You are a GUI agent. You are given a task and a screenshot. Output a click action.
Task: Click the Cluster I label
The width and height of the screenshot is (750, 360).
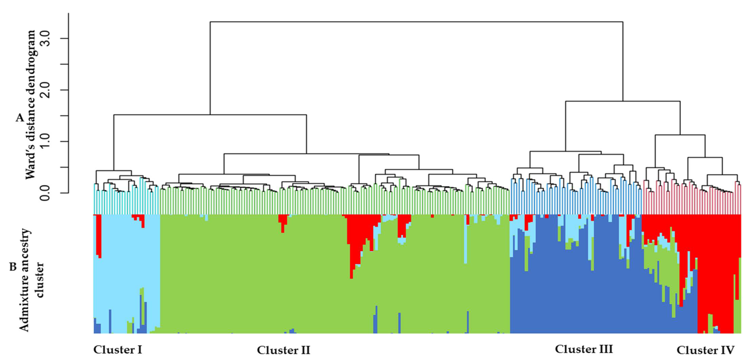click(118, 350)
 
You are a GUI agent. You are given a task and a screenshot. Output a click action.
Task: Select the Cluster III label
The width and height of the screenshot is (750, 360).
click(584, 349)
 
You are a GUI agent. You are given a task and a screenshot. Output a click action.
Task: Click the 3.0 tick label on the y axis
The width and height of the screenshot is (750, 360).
click(45, 39)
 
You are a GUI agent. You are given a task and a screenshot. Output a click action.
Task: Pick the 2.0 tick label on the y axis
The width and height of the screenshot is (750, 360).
click(45, 90)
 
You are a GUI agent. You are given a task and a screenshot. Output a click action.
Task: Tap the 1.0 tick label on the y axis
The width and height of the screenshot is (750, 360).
click(45, 142)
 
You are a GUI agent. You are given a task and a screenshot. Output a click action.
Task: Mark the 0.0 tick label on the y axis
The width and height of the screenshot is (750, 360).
click(45, 193)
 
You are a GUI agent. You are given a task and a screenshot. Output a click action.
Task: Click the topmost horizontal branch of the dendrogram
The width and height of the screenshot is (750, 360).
click(416, 22)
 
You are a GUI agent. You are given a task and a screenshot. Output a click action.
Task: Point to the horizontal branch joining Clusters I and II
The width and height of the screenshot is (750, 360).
click(210, 115)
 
